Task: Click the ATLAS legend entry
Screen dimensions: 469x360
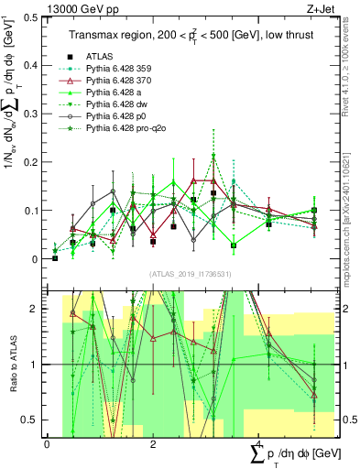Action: [x=101, y=57]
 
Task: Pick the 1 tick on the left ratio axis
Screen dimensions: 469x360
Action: [x=36, y=365]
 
